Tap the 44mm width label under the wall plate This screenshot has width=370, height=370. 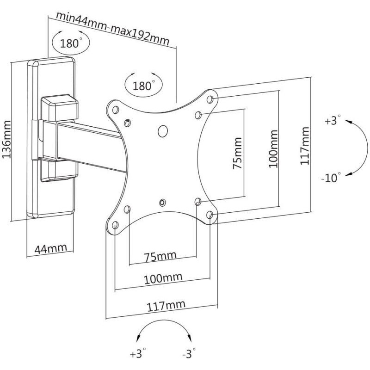[x=51, y=248]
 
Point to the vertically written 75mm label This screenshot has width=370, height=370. [x=237, y=153]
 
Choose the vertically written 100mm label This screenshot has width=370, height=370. [x=273, y=148]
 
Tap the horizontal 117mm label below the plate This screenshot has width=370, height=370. [x=166, y=304]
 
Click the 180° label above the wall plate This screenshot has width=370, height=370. [x=70, y=44]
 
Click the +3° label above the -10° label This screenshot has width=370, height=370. [x=333, y=122]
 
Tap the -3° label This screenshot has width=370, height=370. [x=188, y=355]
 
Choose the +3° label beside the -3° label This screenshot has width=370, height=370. [x=138, y=355]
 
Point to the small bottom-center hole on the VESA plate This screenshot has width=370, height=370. [x=162, y=202]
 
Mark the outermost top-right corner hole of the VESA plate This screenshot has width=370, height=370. [x=210, y=99]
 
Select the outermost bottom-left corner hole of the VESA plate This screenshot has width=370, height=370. [x=114, y=226]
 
